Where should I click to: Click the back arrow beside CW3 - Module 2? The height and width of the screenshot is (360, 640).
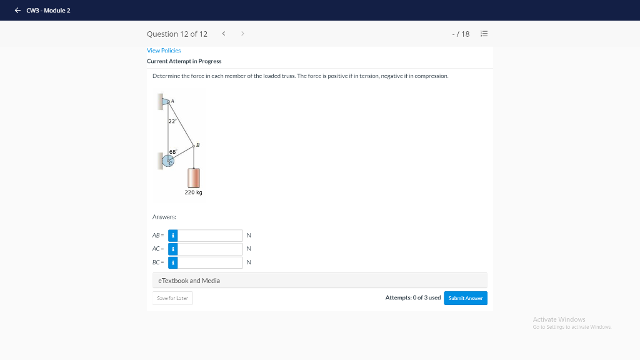click(x=18, y=10)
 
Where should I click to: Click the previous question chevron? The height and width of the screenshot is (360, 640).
click(x=224, y=34)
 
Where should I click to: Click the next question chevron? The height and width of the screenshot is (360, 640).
click(x=242, y=34)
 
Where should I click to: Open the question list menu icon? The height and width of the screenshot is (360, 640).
click(x=483, y=34)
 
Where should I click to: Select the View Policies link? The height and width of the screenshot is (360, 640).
click(x=164, y=50)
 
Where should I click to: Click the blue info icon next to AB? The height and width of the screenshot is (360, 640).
click(x=173, y=236)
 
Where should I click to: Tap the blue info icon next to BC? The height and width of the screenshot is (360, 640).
click(x=173, y=262)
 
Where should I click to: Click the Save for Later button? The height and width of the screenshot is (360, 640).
click(x=172, y=298)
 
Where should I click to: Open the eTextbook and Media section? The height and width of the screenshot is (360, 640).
click(x=189, y=281)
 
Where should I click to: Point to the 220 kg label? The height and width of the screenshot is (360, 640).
click(x=193, y=192)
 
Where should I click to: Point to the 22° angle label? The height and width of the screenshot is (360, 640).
click(x=172, y=121)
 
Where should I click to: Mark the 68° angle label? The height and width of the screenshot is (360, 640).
click(x=173, y=152)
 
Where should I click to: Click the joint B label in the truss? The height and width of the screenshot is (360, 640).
click(x=198, y=144)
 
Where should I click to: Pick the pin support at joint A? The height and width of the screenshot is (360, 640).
click(x=166, y=100)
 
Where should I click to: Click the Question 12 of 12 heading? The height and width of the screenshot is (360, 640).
click(x=177, y=34)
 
